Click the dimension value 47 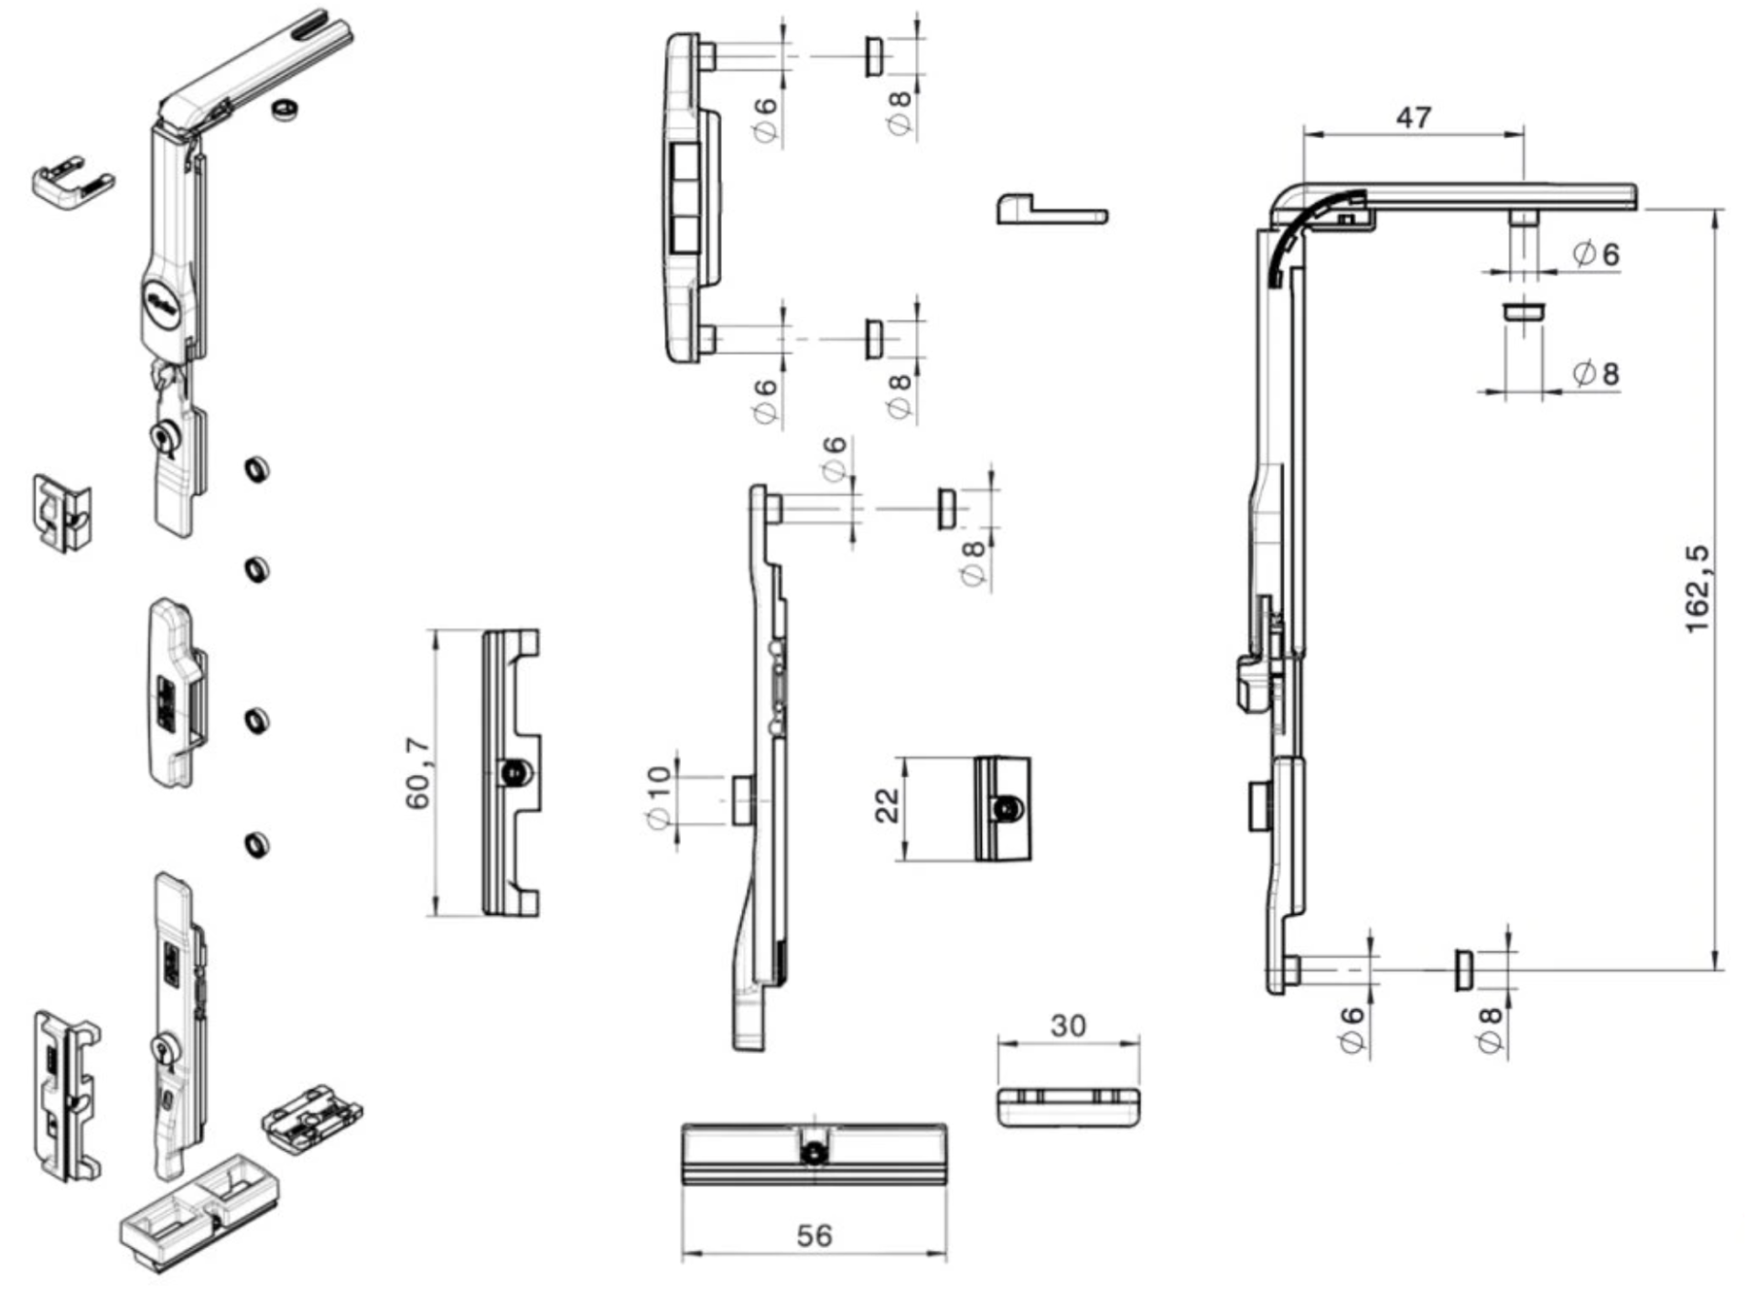[x=1413, y=117]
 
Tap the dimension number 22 [x=887, y=806]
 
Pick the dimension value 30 [x=1067, y=1026]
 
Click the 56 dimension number [x=814, y=1235]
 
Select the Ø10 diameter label [x=658, y=797]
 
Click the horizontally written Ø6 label [x=1596, y=253]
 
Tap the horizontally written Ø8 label [x=1596, y=372]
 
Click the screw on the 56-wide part [x=813, y=1154]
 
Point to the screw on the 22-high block [x=1007, y=809]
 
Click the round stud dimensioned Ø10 [x=741, y=800]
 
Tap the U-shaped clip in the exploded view [x=72, y=180]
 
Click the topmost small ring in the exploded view [x=286, y=108]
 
